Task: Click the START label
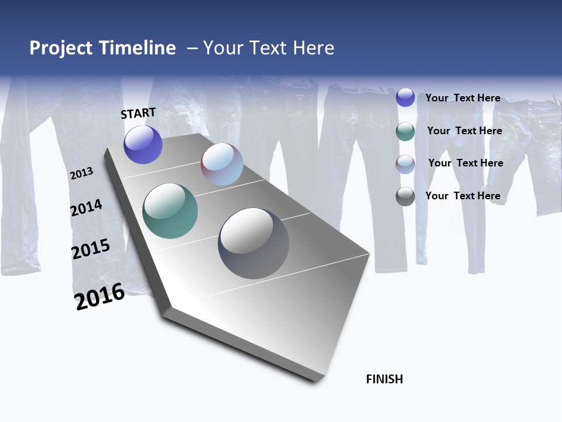138,113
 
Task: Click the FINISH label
384,379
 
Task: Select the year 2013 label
81,173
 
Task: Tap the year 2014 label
86,207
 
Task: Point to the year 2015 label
90,249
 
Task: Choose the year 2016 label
100,297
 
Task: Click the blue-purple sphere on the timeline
143,145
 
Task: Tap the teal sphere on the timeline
170,211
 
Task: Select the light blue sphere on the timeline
222,164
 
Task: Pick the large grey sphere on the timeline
253,243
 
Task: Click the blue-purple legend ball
405,97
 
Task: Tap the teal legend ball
405,131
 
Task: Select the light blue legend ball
405,164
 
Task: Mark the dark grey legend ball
405,196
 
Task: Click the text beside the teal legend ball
464,131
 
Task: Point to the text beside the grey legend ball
462,196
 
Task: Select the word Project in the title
61,48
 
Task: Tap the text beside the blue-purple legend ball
462,98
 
